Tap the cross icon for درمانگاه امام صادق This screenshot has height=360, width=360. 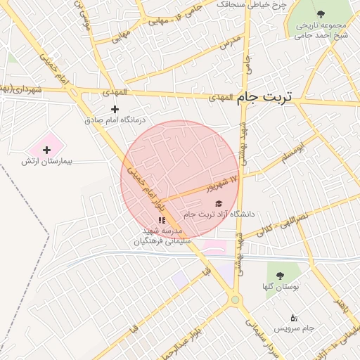click(x=115, y=109)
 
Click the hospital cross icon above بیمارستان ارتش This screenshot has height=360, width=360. click(x=46, y=150)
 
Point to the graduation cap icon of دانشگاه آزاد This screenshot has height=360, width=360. click(x=217, y=203)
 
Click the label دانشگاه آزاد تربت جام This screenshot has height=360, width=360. click(x=218, y=214)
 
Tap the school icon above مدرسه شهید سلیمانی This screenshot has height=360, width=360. click(x=162, y=220)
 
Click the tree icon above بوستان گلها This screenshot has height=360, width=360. click(x=280, y=276)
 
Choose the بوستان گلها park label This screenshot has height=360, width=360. click(x=281, y=287)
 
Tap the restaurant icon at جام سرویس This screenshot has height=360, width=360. click(x=293, y=318)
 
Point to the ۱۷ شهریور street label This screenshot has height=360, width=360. click(x=222, y=184)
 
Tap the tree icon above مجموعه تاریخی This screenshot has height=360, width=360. click(x=321, y=13)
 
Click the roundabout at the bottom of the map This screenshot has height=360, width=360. click(x=235, y=300)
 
